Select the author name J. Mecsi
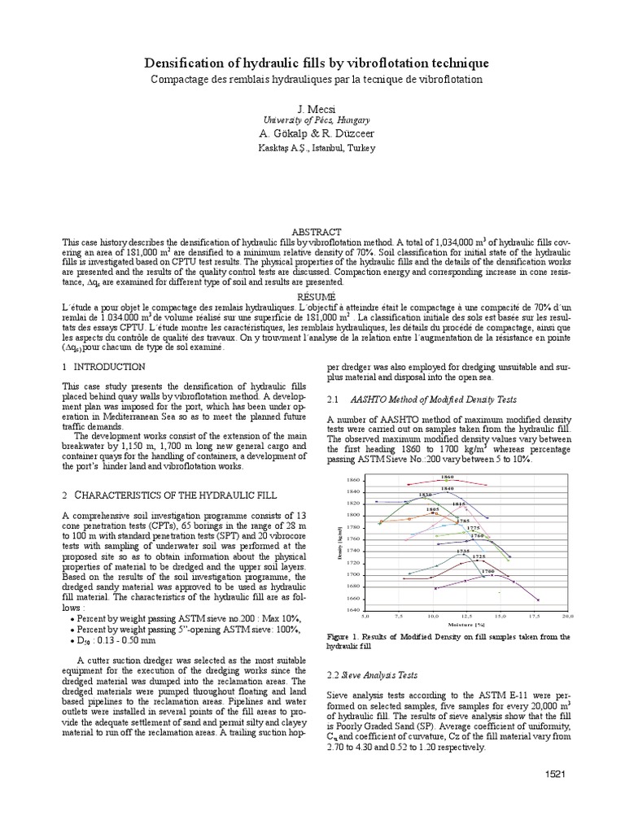(312, 108)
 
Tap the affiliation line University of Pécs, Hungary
(312, 120)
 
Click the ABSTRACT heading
(312, 232)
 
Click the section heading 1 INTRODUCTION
(104, 368)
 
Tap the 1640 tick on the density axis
(353, 609)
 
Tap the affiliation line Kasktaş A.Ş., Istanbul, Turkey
(312, 148)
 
